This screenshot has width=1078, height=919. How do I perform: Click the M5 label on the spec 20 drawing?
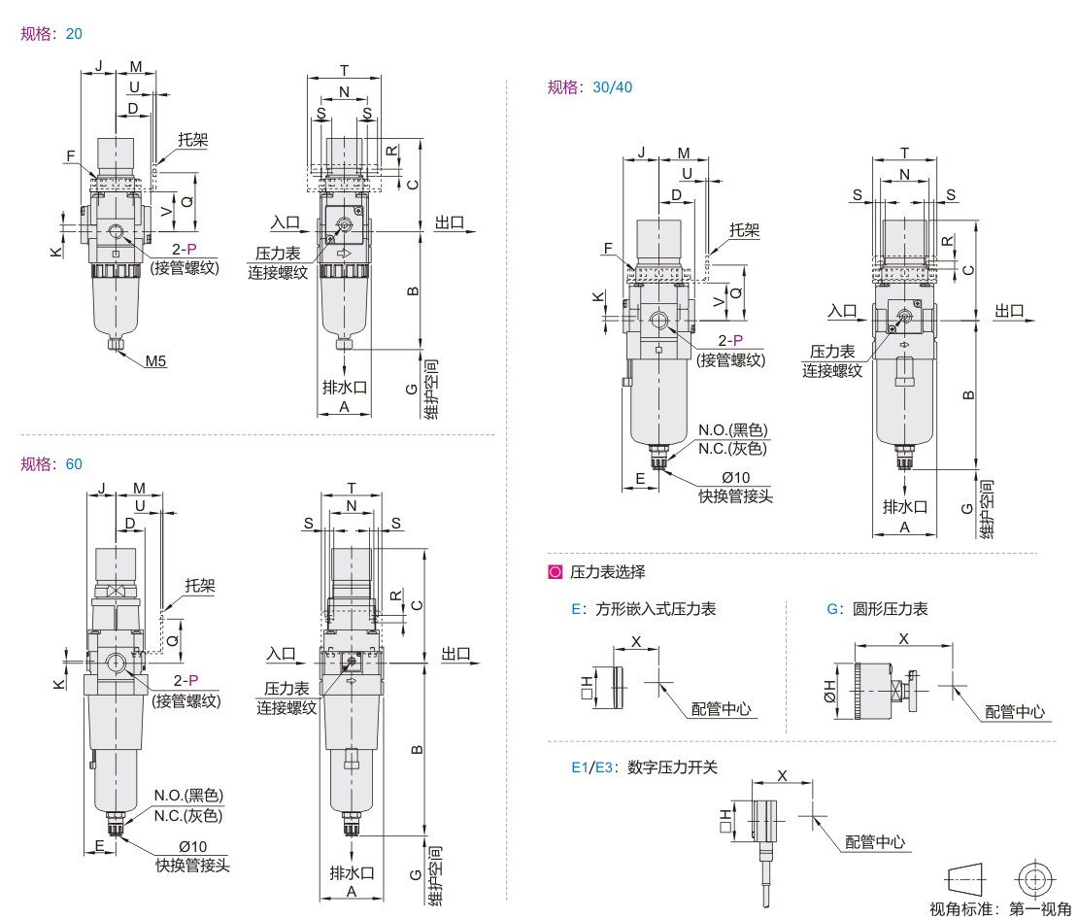click(156, 362)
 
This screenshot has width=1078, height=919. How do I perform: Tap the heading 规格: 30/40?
click(590, 86)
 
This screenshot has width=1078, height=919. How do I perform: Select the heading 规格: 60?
click(51, 463)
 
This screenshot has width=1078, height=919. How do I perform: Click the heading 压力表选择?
click(607, 572)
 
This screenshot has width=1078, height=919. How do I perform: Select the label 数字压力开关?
click(672, 766)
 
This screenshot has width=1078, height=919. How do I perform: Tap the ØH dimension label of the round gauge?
click(830, 691)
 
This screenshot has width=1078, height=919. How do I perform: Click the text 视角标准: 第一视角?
click(999, 908)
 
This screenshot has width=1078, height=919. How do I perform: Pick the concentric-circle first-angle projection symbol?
click(1035, 879)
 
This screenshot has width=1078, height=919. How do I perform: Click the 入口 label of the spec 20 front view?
click(285, 223)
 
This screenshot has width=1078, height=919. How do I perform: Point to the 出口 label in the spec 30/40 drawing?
click(1009, 311)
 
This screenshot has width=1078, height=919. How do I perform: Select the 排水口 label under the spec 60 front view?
click(352, 871)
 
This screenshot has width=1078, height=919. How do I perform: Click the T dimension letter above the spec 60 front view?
click(352, 488)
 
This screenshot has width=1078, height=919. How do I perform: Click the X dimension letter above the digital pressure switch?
click(783, 776)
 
